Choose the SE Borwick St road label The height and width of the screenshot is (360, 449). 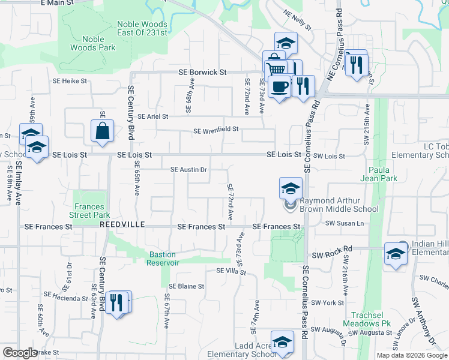tap(202, 72)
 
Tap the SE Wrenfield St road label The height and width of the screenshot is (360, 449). tap(216, 129)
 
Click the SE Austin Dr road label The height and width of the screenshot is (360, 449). tap(189, 170)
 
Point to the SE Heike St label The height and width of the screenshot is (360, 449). tap(70, 80)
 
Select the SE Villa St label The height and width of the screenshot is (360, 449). tap(231, 271)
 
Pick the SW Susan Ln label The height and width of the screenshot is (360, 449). tap(345, 223)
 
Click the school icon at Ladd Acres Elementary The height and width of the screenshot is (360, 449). tap(282, 342)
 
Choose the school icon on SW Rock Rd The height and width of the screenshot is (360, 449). tap(396, 254)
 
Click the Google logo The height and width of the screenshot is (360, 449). tap(20, 353)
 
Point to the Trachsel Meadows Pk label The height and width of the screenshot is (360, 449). tap(371, 320)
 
